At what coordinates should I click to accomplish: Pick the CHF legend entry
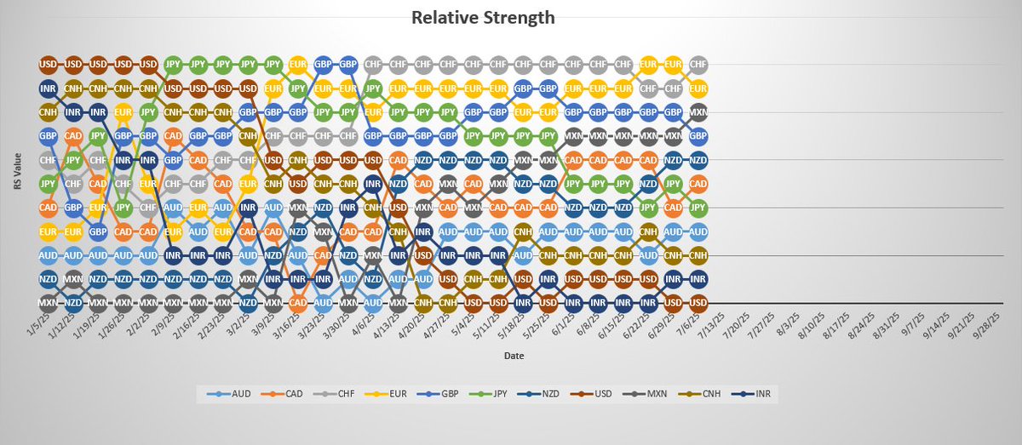coord(341,393)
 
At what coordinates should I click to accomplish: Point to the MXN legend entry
coord(652,393)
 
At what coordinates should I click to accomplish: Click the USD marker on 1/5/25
coord(49,64)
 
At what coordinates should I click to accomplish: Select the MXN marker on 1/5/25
coord(49,303)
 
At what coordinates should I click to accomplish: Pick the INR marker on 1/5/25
coord(49,88)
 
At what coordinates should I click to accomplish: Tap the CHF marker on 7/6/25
coord(698,64)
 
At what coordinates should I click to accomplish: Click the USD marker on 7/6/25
coord(698,303)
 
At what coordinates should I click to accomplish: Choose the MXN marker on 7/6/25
coord(698,111)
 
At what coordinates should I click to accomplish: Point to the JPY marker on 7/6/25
coord(698,207)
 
